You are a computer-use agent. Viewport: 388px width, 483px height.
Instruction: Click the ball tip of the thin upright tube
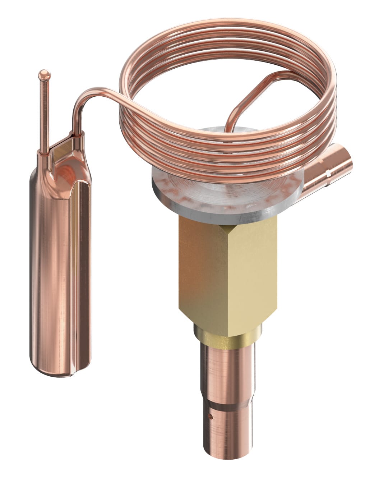coord(44,74)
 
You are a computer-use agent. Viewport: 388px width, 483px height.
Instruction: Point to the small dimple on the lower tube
coord(212,417)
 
